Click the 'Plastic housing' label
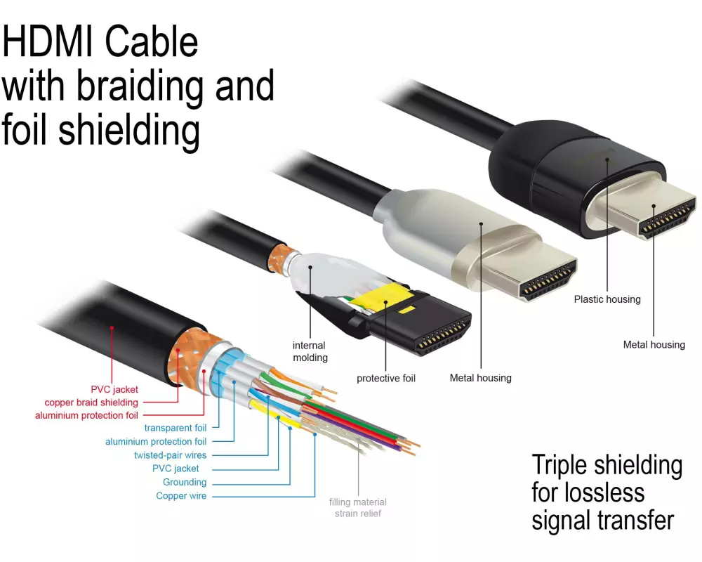pos(607,299)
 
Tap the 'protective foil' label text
pos(386,378)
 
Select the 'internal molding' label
pos(310,351)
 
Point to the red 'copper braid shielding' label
pos(91,403)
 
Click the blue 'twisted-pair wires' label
pos(170,455)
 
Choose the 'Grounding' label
pos(185,482)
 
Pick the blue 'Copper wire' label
pos(181,496)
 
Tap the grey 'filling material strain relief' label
pos(358,508)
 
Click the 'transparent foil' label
pos(175,428)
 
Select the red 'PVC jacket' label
pos(114,389)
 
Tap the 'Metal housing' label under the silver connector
pos(480,378)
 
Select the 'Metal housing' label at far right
pos(654,345)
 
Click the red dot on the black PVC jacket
pos(112,328)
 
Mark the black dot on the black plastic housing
pos(607,159)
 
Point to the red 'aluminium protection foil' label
pos(86,415)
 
